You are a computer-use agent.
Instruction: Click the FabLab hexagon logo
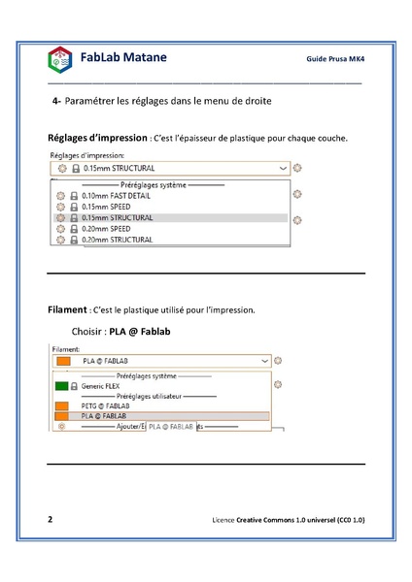59,60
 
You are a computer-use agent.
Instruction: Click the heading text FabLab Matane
124,58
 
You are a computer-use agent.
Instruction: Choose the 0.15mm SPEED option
107,207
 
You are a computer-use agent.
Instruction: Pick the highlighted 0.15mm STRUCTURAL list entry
118,217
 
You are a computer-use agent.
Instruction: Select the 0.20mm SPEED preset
107,228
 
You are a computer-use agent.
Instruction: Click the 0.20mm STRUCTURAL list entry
118,239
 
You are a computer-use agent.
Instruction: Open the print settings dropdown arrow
282,168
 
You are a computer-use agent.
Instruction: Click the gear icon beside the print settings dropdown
297,168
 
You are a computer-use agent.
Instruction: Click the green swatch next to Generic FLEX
61,385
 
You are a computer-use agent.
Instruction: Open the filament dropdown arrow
263,360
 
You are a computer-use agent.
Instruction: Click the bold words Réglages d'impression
98,138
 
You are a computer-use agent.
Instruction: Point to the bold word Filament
67,310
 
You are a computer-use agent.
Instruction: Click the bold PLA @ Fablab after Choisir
140,332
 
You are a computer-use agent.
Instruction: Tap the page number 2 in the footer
51,520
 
